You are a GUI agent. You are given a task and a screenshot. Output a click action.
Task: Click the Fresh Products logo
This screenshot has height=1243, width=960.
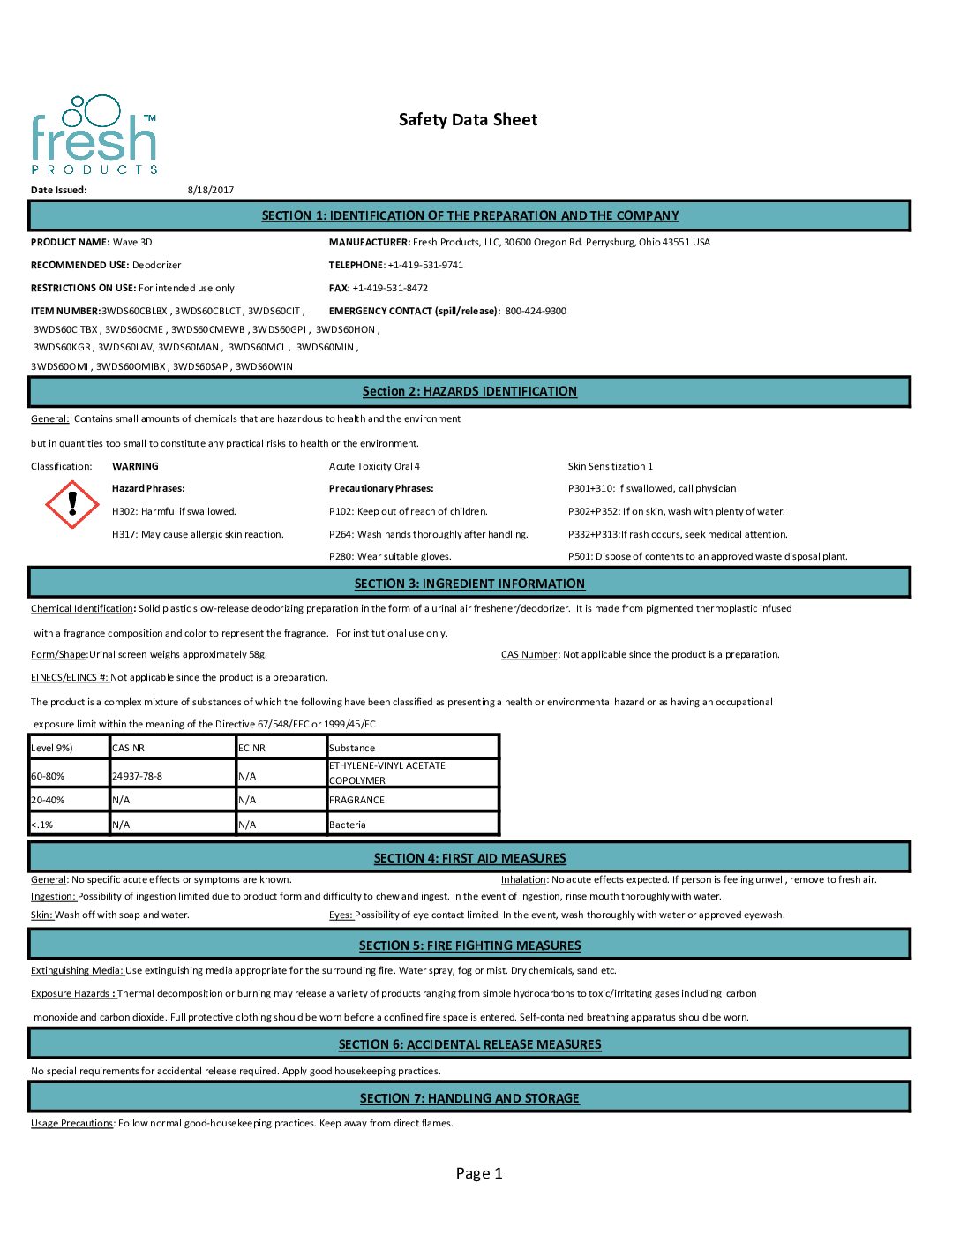point(94,135)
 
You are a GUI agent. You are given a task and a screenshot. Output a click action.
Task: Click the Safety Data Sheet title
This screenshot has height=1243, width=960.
point(468,120)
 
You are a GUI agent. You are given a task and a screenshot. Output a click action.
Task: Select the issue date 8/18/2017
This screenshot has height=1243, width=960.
point(211,190)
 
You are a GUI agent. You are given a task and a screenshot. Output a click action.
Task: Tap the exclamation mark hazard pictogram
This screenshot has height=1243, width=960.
point(71,504)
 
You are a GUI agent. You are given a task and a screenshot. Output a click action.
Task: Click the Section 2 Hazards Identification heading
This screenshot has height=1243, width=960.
point(469,392)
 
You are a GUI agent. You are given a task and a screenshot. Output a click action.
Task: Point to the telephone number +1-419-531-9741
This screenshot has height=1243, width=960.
point(425,265)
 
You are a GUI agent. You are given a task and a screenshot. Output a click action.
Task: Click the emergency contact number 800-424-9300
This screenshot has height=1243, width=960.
point(536,311)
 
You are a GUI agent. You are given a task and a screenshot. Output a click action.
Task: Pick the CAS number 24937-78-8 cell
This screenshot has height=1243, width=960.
point(137,776)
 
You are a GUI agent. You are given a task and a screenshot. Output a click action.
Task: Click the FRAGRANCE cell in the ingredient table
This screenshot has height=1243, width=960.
point(356,800)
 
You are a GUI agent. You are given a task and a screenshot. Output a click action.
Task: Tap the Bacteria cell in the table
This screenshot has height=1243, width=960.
point(347,825)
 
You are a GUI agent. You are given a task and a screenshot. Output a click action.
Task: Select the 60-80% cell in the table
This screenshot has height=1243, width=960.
point(48,776)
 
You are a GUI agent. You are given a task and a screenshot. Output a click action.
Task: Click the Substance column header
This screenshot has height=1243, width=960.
point(352,748)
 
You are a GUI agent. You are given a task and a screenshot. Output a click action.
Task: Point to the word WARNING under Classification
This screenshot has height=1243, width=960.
point(135,466)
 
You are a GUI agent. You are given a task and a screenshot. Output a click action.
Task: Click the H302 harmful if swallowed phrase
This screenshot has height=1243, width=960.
point(174,511)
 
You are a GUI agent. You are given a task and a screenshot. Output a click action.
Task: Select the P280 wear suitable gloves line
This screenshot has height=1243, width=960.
point(390,556)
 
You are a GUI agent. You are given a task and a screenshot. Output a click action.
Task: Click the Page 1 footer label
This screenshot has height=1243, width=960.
point(479,1173)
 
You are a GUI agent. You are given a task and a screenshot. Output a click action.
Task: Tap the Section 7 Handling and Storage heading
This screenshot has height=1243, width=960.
point(469,1098)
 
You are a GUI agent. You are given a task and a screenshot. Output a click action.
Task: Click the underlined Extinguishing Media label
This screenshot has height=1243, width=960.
point(77,970)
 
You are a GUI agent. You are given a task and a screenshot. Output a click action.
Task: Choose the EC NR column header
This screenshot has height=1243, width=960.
point(251,748)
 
